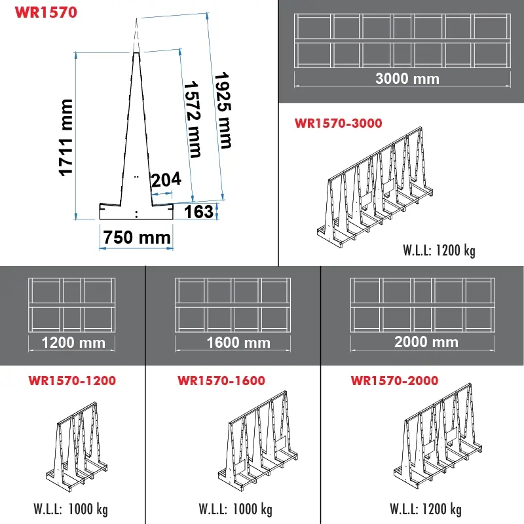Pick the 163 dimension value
[x=200, y=212]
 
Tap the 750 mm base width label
[x=136, y=237]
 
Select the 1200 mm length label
[x=73, y=342]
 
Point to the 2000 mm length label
[x=426, y=342]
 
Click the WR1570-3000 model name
[x=339, y=122]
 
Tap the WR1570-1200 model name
[x=73, y=380]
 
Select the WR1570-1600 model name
[x=221, y=380]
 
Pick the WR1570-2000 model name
[x=395, y=380]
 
